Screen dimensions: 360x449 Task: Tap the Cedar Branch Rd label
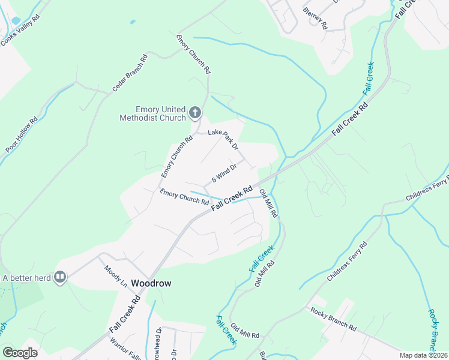[x=128, y=74]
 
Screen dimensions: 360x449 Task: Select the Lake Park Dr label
[x=223, y=139]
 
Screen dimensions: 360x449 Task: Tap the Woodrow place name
[x=147, y=283]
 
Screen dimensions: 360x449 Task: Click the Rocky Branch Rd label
[x=333, y=319]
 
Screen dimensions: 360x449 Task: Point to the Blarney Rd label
[x=315, y=19]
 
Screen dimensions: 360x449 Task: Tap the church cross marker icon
[x=194, y=112]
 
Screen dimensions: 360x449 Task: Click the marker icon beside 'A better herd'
[x=60, y=277]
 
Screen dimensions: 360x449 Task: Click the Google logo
[x=20, y=352]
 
